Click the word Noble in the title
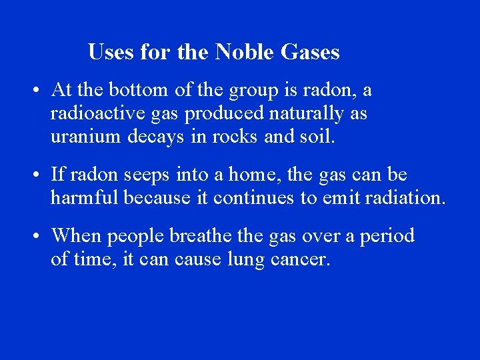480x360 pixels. (247, 52)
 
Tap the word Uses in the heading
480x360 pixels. (111, 52)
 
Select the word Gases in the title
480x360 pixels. (312, 52)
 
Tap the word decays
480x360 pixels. (152, 138)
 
